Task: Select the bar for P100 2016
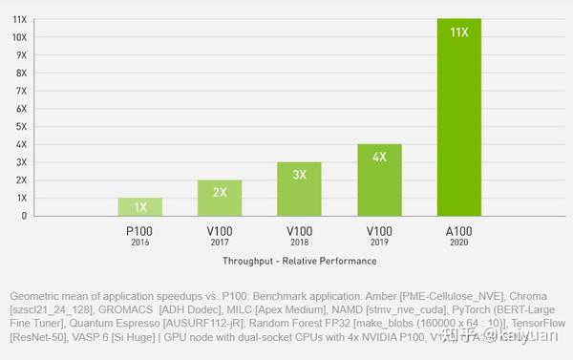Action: [139, 207]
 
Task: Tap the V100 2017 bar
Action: [220, 199]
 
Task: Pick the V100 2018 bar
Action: [299, 189]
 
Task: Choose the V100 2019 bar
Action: [379, 180]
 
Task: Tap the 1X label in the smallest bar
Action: [139, 207]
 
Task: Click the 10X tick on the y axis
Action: [19, 36]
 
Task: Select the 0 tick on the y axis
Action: [23, 216]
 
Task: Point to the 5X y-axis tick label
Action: [20, 126]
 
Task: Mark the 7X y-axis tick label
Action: [20, 90]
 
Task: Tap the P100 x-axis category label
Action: [139, 230]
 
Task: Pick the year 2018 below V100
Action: [299, 242]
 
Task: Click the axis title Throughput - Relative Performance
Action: [299, 261]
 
